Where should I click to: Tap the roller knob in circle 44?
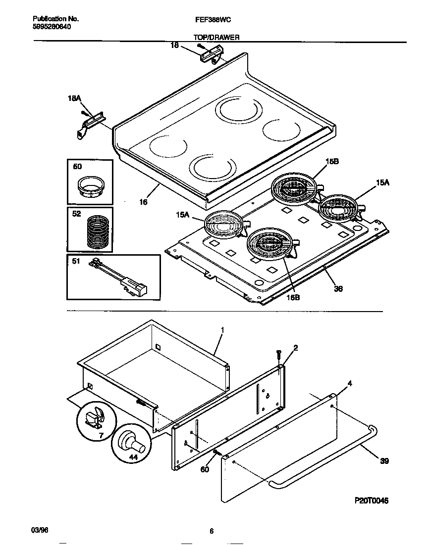point(133,441)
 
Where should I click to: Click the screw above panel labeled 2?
point(279,355)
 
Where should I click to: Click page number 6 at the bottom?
point(212,532)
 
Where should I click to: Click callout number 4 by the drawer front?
point(350,383)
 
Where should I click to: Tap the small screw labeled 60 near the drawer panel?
point(216,453)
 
